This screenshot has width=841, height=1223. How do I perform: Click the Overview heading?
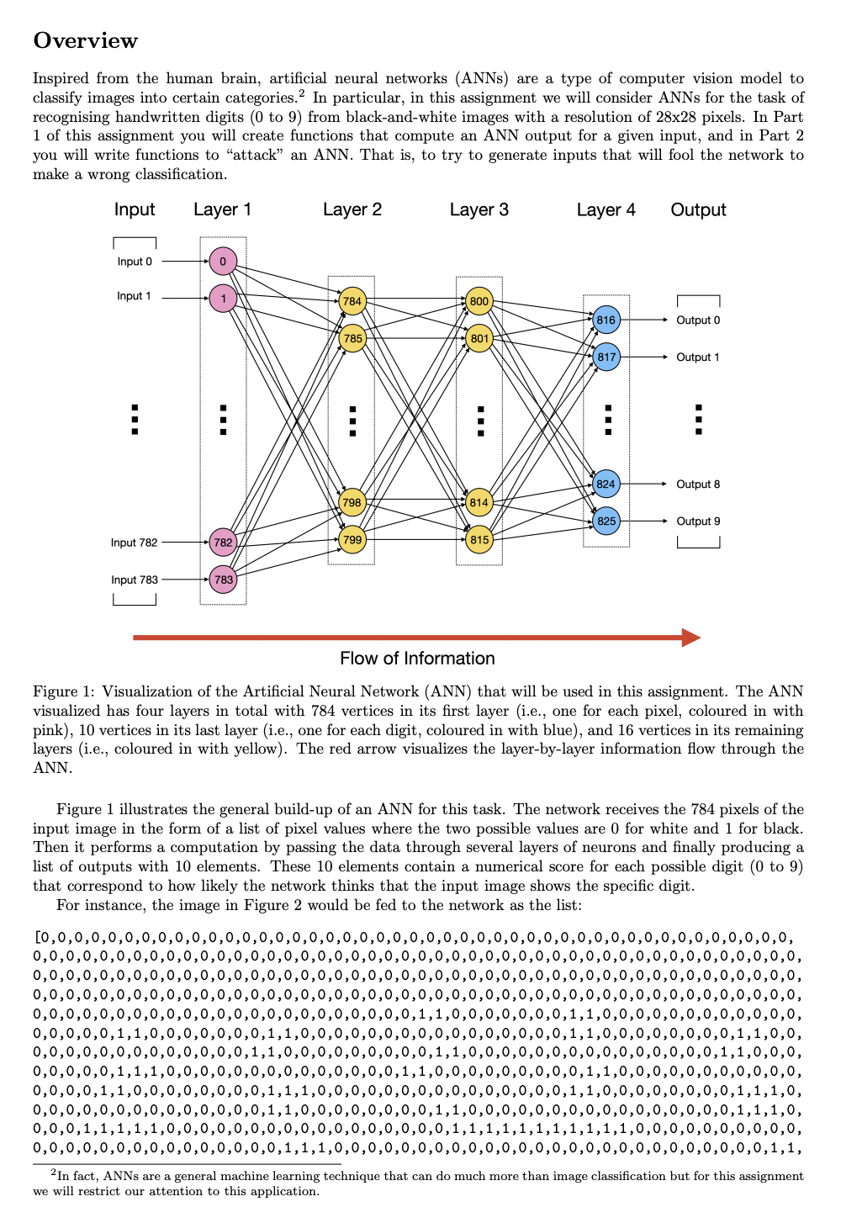point(85,40)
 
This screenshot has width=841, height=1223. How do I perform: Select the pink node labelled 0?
point(223,261)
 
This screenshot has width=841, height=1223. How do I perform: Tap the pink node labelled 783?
point(223,580)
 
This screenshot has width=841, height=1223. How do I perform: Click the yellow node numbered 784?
point(352,301)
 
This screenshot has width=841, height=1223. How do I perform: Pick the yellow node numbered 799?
point(352,539)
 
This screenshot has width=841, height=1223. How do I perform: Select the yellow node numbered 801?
point(479,339)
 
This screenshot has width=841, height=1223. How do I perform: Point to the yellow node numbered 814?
point(479,502)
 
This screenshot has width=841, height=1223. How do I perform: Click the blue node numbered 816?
point(606,320)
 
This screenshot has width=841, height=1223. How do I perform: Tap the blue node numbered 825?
point(606,521)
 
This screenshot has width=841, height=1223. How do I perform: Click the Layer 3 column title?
point(479,209)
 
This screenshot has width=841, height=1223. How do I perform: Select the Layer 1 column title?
point(222,209)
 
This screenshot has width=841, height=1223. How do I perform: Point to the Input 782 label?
point(134,543)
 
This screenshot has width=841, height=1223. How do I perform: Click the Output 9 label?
point(698,521)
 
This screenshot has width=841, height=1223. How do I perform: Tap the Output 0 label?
point(698,320)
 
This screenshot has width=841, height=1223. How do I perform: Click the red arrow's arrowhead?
point(691,638)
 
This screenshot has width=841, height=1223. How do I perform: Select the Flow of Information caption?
point(417,659)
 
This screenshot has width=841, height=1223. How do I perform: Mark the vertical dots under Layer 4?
point(607,419)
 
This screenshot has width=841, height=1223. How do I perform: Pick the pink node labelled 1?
point(223,298)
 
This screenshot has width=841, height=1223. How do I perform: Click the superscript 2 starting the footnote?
point(53,1173)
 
